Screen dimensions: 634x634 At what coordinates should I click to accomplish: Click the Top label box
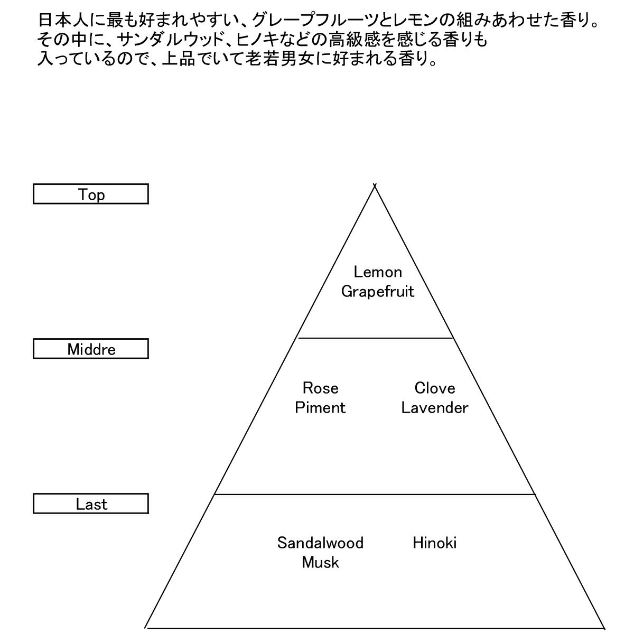91,194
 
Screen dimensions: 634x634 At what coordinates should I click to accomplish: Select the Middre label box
91,349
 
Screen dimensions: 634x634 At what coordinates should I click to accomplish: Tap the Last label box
91,504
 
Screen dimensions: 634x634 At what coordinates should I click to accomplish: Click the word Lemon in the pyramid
378,272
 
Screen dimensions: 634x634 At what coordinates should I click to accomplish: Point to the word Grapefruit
378,292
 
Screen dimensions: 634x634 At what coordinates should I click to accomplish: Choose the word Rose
320,388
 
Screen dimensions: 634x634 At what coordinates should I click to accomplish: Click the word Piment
320,408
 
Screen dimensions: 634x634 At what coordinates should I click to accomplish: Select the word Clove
435,388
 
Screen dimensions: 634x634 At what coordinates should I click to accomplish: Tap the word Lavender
435,408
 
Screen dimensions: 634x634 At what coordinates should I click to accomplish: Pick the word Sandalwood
320,543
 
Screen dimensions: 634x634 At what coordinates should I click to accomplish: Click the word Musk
320,563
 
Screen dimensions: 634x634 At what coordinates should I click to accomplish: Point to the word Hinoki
435,543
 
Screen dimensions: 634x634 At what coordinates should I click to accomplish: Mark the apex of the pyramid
375,186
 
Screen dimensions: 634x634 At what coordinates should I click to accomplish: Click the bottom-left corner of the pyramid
146,627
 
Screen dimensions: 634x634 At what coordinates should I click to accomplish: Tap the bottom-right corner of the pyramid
604,627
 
